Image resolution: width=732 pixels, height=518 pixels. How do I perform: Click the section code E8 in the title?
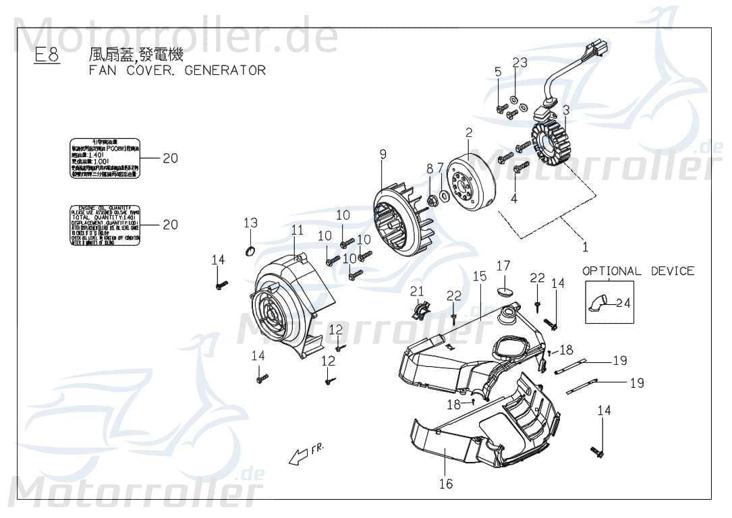47,56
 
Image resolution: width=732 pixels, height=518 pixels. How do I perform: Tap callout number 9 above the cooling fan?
383,154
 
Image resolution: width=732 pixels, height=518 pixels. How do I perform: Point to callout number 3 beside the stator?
566,110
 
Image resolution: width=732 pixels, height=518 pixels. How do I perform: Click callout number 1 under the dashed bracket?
585,247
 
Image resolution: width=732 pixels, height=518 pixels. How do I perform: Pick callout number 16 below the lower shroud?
445,484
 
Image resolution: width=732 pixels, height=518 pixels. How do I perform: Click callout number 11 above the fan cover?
298,231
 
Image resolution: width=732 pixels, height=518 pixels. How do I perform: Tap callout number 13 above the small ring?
250,223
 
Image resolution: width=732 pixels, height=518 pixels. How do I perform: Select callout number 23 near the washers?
519,63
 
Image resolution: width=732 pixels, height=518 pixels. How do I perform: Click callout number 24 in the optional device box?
623,303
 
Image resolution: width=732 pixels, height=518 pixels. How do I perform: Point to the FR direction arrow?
302,455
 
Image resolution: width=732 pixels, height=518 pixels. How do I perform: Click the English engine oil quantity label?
105,224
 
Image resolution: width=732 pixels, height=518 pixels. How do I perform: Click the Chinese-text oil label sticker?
105,159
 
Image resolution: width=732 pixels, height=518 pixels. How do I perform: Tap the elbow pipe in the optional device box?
598,303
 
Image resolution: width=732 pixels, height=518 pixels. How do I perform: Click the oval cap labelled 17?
503,291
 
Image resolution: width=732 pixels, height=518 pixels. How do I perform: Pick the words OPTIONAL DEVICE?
638,271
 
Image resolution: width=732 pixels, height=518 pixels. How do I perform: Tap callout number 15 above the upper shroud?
479,276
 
